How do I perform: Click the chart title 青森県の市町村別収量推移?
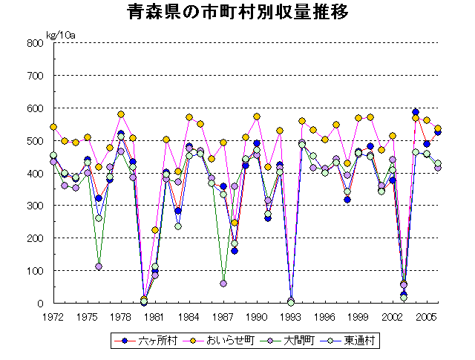click(x=237, y=13)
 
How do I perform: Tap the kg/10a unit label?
click(x=60, y=35)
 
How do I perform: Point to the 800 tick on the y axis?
click(x=36, y=43)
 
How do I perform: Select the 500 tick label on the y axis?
click(x=36, y=141)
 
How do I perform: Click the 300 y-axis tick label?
click(x=36, y=206)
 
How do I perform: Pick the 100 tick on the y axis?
click(x=36, y=271)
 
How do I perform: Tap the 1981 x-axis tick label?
click(x=154, y=316)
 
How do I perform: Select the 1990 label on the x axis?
click(x=257, y=316)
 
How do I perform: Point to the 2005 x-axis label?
click(x=426, y=316)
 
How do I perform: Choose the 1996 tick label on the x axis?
click(x=324, y=316)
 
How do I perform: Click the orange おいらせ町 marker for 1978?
click(x=121, y=114)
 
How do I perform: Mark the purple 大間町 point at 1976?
click(x=99, y=266)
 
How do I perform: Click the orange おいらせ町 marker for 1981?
click(x=155, y=230)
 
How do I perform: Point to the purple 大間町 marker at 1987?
click(x=223, y=284)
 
